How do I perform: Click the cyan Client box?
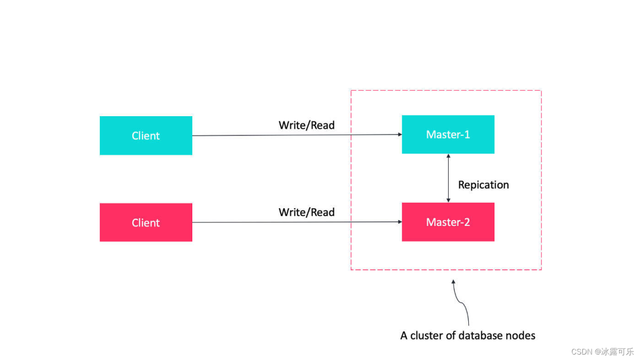coord(146,135)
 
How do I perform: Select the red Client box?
coord(146,222)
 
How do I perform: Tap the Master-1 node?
coord(448,135)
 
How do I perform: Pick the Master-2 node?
coord(448,222)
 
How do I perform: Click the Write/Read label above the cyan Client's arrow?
coord(307,125)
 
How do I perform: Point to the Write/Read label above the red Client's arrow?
coord(307,212)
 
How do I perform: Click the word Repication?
coord(483,185)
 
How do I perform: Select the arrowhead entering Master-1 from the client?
coord(400,135)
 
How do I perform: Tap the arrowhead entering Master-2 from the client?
coord(400,222)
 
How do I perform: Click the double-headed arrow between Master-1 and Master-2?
coord(449,178)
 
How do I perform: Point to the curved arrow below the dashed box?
coord(461,302)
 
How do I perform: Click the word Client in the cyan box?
coord(145,136)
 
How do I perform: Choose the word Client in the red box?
coord(145,222)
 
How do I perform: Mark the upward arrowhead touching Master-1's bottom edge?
coord(449,156)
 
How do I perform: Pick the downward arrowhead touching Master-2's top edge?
coord(449,200)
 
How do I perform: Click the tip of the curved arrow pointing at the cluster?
coord(453,280)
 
